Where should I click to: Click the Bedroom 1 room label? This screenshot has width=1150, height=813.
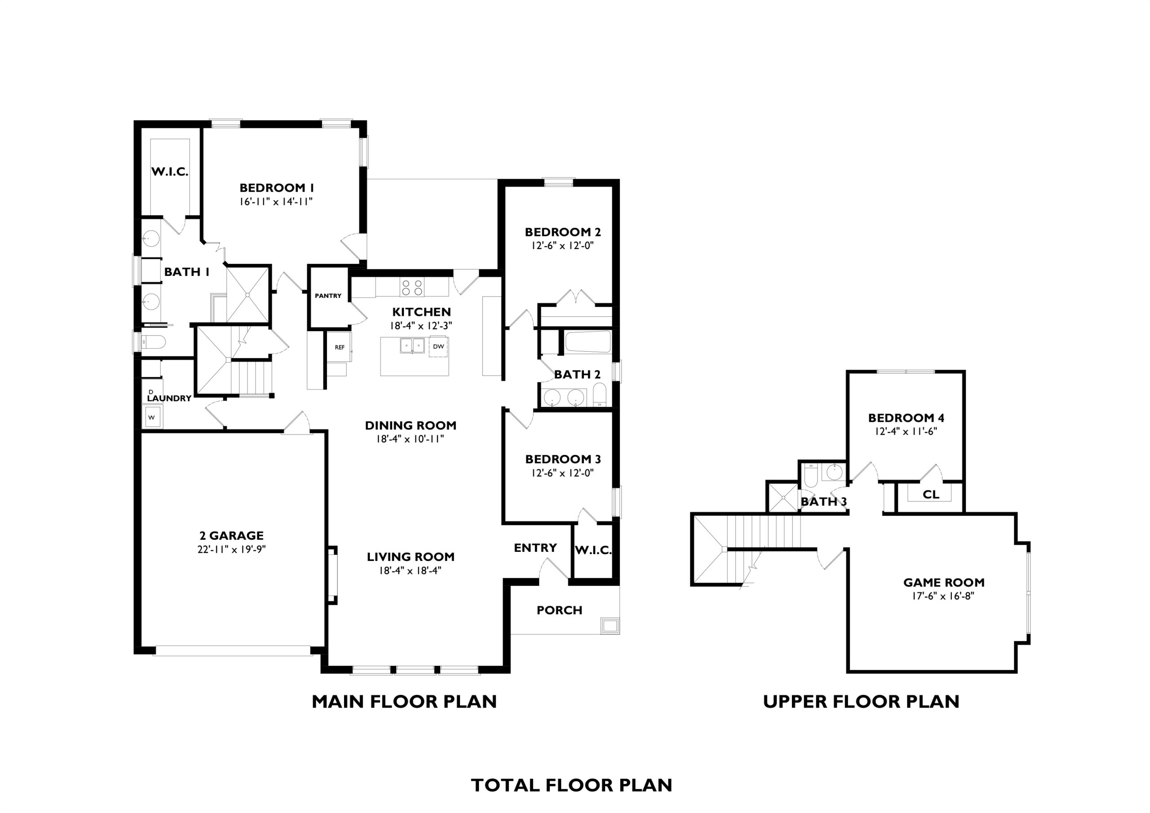coord(277,188)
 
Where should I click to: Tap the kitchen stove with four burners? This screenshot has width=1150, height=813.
coord(412,287)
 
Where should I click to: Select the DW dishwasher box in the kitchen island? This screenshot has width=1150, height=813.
coord(438,346)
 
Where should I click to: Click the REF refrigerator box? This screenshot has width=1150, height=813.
coord(340,347)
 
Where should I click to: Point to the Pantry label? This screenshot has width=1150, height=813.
coord(328,296)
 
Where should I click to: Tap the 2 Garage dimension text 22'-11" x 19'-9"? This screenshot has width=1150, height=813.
coord(231,549)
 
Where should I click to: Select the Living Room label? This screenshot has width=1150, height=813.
coord(411,557)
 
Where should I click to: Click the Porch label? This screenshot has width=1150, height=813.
coord(559,610)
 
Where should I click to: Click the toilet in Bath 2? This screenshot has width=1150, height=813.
coord(600,395)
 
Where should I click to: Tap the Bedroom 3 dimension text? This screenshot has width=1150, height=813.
coord(563,472)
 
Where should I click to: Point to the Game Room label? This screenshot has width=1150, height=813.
coord(944,582)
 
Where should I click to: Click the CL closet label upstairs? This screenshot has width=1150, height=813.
coord(931,494)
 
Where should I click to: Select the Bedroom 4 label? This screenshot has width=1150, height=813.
coord(907,418)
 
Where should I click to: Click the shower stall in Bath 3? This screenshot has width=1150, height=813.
coord(782,497)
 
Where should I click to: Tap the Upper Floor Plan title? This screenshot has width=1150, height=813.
coord(861,701)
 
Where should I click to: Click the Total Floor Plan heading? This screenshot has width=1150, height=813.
coord(572,786)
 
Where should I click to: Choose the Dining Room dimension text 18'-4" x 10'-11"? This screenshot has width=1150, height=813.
coord(411,439)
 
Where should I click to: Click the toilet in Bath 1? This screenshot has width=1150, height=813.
coord(153,342)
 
